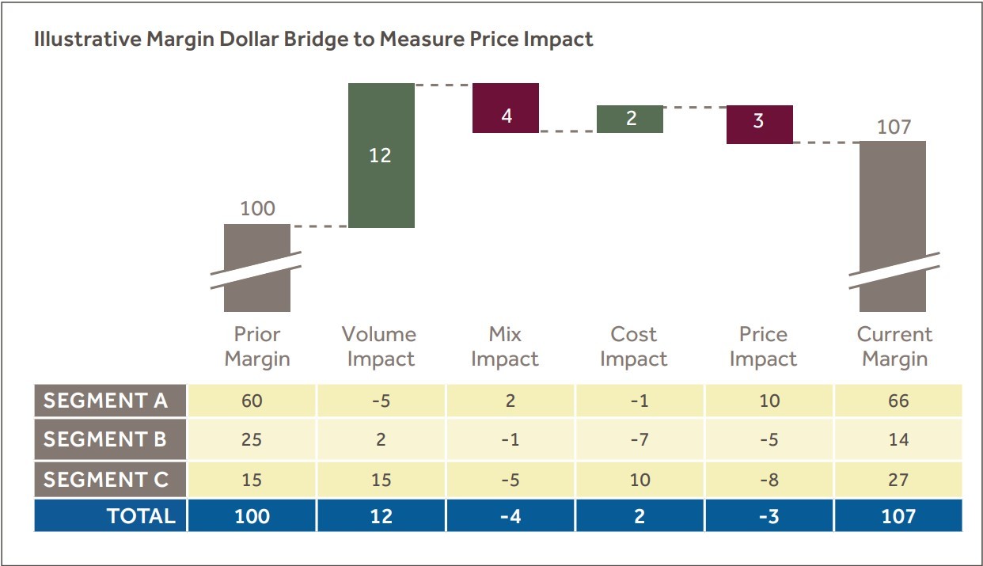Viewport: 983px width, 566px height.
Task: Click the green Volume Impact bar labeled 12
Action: (x=381, y=155)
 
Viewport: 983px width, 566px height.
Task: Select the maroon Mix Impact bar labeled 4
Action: (x=506, y=108)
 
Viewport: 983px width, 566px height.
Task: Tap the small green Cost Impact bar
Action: (x=630, y=119)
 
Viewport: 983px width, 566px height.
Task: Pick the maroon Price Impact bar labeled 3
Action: (x=759, y=124)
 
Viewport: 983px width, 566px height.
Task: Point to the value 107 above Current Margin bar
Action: (x=894, y=127)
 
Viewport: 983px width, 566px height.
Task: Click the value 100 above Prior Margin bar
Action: (x=257, y=209)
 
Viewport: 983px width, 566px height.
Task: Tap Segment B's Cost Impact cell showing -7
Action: (x=640, y=439)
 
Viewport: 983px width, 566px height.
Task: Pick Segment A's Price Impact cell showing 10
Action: (x=769, y=401)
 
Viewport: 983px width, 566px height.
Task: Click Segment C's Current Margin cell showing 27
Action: (x=898, y=480)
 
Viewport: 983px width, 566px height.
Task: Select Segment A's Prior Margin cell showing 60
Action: (x=252, y=401)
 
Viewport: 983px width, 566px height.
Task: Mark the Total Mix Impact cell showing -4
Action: (x=510, y=516)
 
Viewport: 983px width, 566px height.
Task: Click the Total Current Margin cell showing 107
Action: (x=898, y=516)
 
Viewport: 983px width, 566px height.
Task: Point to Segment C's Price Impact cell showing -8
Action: (x=769, y=480)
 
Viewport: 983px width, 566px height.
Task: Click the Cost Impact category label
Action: (x=633, y=347)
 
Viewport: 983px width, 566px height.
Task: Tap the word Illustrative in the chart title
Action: (x=83, y=39)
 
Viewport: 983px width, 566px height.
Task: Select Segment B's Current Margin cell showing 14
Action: (x=898, y=439)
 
